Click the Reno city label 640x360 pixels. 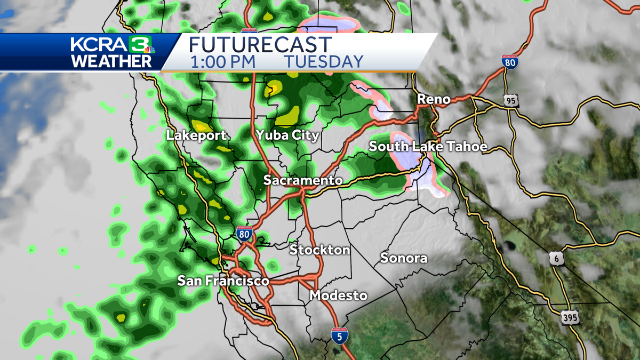[433, 99]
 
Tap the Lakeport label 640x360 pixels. [196, 135]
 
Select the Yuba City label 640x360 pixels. [287, 135]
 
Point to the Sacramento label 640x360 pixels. [302, 180]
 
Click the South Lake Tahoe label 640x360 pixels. [428, 147]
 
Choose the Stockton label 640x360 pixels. [319, 250]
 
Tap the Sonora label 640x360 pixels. [404, 258]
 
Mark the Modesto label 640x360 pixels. [339, 295]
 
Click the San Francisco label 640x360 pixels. [223, 281]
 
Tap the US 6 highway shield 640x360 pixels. [556, 258]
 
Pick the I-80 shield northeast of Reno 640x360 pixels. [509, 61]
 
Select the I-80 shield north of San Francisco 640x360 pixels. [244, 234]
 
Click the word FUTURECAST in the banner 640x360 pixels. [261, 44]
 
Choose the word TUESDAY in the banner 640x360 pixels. [323, 61]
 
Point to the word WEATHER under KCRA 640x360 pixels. [111, 61]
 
